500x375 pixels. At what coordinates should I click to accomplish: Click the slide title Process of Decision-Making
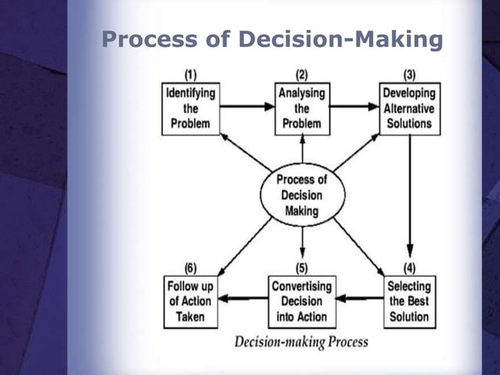point(272,39)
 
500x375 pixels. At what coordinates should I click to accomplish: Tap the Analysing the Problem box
point(302,108)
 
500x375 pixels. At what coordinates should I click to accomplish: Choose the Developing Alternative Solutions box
point(409,108)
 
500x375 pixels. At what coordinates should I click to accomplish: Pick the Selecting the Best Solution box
point(408,301)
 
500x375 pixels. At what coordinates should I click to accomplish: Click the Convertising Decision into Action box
point(302,301)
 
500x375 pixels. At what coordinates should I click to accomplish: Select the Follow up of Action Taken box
point(190,301)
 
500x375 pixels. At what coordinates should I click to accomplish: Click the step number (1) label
point(190,75)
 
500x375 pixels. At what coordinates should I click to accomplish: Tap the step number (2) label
point(302,75)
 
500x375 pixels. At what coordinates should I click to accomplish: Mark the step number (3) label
point(409,75)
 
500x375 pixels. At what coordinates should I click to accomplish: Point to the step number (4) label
point(409,268)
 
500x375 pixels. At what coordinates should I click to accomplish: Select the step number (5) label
point(302,268)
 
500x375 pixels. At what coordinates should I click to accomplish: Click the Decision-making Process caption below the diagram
point(301,342)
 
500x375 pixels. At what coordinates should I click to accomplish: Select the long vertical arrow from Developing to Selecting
point(409,196)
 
